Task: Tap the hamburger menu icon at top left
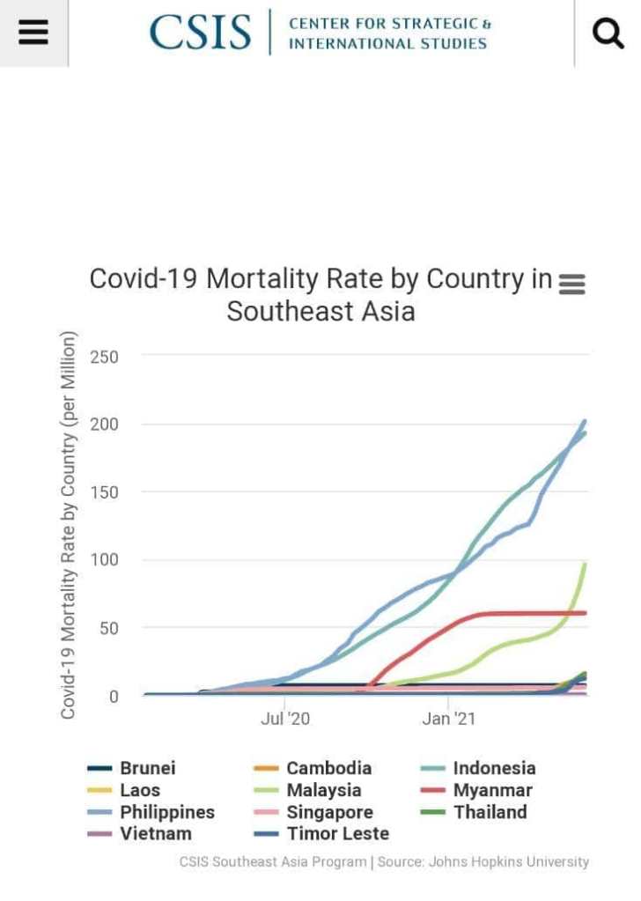(x=33, y=33)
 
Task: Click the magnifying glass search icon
(x=608, y=33)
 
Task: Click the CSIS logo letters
(x=201, y=33)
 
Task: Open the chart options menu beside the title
(x=572, y=284)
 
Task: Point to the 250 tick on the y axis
(x=103, y=357)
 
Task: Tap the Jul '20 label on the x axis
(x=285, y=720)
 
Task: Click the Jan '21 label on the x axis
(x=448, y=720)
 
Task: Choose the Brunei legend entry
(x=147, y=768)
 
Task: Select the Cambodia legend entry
(x=328, y=768)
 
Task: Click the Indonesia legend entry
(x=494, y=768)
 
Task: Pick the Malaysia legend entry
(x=323, y=790)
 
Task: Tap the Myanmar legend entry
(x=492, y=790)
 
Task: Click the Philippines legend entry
(x=166, y=812)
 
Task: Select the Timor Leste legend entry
(x=337, y=833)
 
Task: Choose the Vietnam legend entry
(x=155, y=833)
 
